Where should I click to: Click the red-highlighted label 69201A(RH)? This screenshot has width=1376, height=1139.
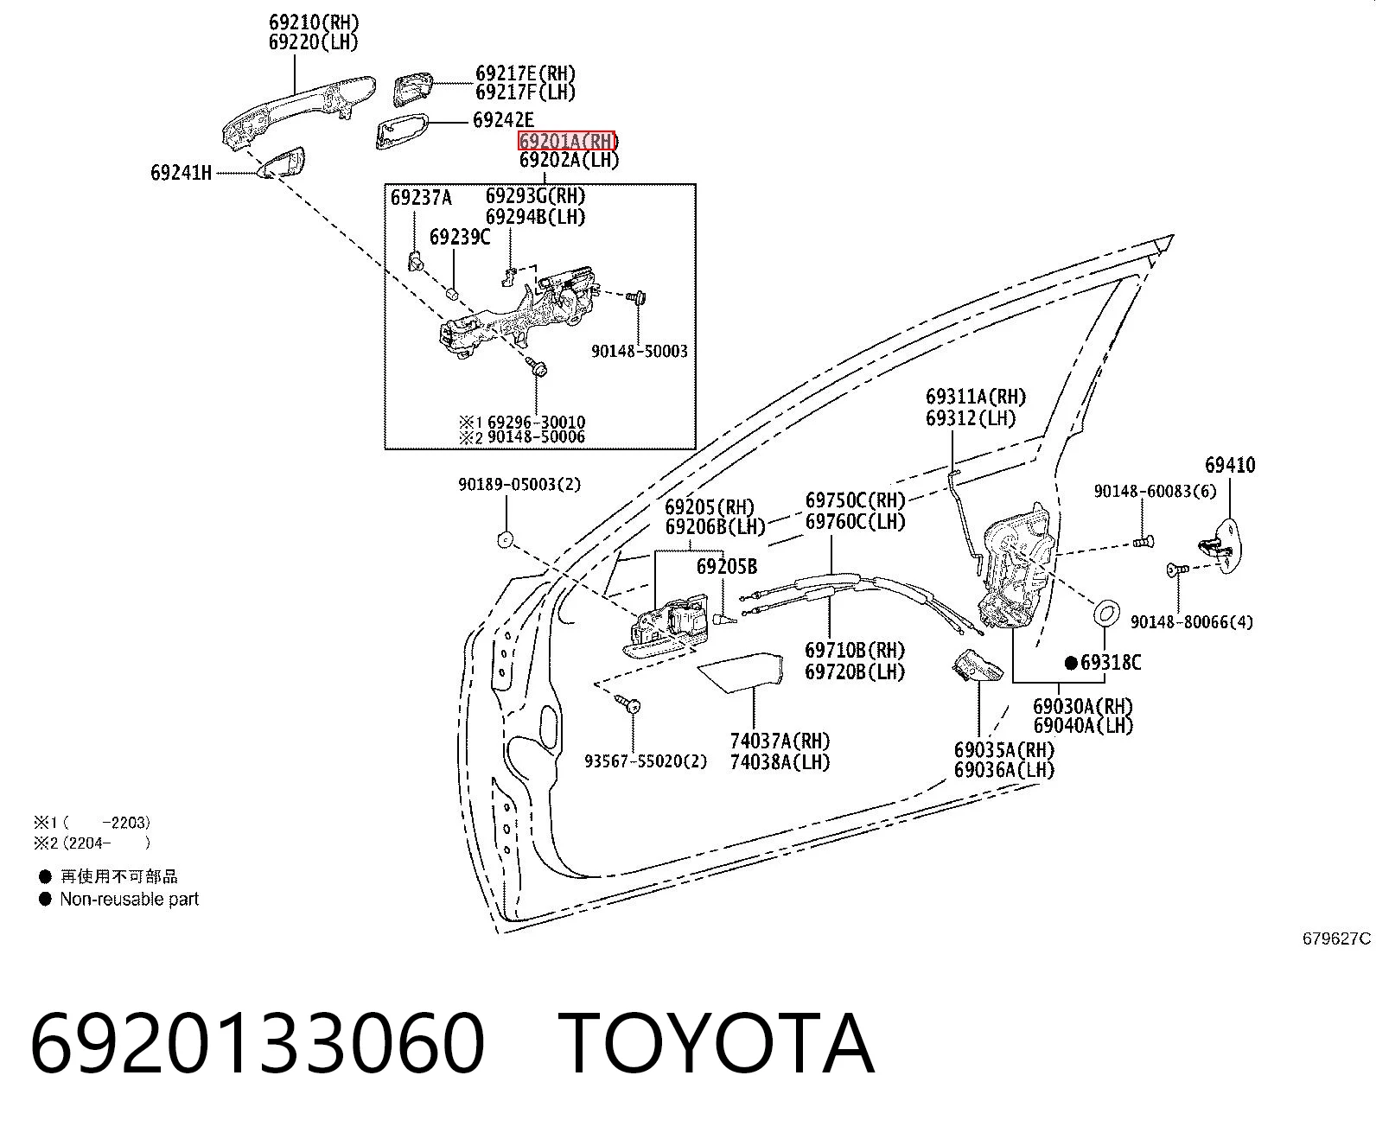click(x=567, y=140)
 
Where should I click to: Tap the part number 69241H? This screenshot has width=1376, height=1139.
click(x=182, y=173)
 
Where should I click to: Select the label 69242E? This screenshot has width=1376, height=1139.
click(x=504, y=120)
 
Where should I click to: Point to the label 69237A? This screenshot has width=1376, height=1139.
click(x=421, y=197)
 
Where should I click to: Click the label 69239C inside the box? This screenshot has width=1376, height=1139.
click(x=460, y=237)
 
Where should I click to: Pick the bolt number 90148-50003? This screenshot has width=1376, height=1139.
click(x=640, y=352)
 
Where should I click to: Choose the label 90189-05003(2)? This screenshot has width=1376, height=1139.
click(x=520, y=485)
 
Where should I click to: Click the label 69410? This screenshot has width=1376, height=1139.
click(x=1230, y=465)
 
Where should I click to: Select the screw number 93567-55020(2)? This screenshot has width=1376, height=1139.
click(x=646, y=761)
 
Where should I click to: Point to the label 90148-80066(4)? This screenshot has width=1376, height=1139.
click(x=1192, y=621)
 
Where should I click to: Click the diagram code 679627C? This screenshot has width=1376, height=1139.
click(x=1336, y=939)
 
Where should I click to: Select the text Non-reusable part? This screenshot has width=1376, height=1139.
click(x=129, y=899)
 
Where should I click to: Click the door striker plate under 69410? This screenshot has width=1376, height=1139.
click(x=1219, y=546)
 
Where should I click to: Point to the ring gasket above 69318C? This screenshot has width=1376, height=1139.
click(x=1106, y=613)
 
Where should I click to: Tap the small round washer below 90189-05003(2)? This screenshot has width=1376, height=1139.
click(x=505, y=540)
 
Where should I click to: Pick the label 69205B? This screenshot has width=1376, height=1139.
click(x=727, y=566)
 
